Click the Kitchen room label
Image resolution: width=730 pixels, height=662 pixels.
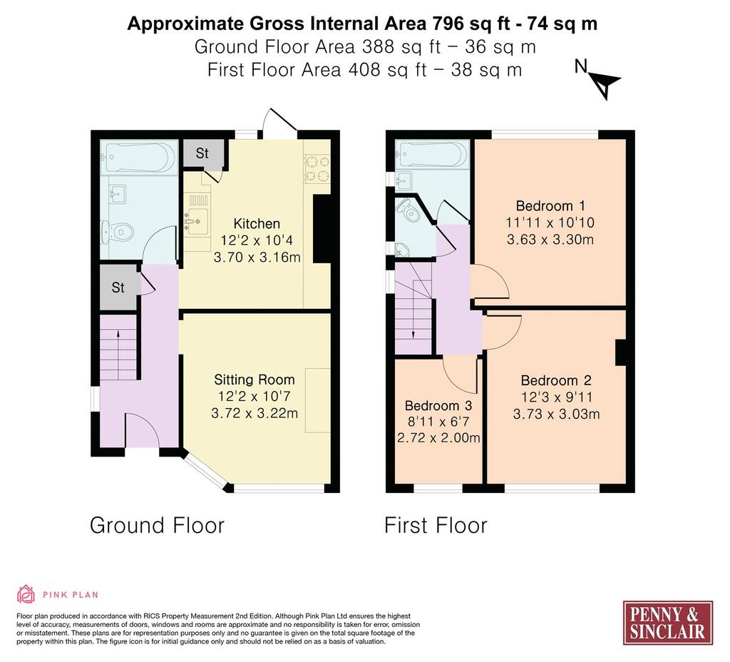[x=257, y=223]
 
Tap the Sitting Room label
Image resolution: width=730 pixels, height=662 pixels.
[x=255, y=380]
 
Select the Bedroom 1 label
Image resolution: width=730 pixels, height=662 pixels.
[x=550, y=206]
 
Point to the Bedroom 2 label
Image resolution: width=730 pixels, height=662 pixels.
[x=556, y=381]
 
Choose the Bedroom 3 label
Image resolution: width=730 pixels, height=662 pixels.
[x=438, y=405]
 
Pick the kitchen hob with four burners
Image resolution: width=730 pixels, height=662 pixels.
[x=317, y=168]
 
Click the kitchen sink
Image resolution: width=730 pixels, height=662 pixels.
[x=197, y=218]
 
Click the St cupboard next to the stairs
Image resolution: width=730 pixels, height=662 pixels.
[x=119, y=287]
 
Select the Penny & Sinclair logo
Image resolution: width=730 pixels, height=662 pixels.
[x=667, y=623]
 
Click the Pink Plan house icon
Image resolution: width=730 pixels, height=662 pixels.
[x=26, y=594]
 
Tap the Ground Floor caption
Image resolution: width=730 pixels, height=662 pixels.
[x=157, y=525]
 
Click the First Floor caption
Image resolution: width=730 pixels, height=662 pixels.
[x=436, y=525]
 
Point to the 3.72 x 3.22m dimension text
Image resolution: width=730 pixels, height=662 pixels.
[x=255, y=413]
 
